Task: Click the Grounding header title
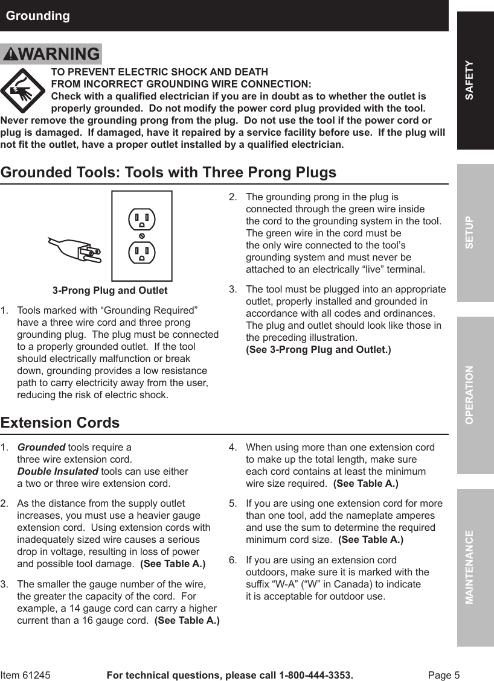pos(37,16)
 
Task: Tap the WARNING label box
pos(51,54)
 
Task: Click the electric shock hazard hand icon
pos(23,90)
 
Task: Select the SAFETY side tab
pos(475,80)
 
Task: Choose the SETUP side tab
pos(475,232)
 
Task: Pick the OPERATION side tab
pos(475,395)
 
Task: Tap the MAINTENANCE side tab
pos(475,567)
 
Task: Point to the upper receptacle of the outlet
pos(142,219)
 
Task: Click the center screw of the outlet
pos(142,235)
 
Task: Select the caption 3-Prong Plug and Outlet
pos(110,291)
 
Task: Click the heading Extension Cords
pos(60,422)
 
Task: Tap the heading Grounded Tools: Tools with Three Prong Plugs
pos(168,173)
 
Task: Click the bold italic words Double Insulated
pos(57,471)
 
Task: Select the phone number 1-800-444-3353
pos(315,675)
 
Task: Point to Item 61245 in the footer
pos(25,675)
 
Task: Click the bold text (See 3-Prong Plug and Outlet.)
pos(318,350)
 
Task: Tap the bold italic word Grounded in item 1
pos(41,447)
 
